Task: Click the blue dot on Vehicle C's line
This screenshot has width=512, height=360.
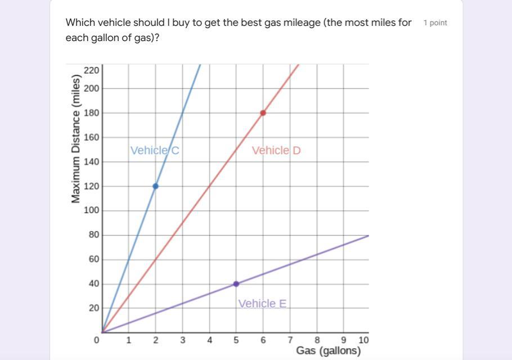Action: pyautogui.click(x=155, y=186)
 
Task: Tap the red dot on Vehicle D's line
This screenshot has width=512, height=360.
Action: pyautogui.click(x=263, y=113)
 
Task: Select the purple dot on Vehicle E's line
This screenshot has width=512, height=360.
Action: pyautogui.click(x=236, y=284)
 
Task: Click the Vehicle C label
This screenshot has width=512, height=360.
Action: pyautogui.click(x=155, y=150)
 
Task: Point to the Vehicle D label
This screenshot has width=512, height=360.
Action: pyautogui.click(x=276, y=150)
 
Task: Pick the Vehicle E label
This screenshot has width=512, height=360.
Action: pyautogui.click(x=262, y=304)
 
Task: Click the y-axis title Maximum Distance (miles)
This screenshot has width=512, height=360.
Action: pyautogui.click(x=76, y=138)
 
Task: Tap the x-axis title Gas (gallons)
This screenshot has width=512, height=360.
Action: pyautogui.click(x=328, y=351)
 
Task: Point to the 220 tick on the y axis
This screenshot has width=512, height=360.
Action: pyautogui.click(x=92, y=70)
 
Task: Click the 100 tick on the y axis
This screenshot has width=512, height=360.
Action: pyautogui.click(x=92, y=210)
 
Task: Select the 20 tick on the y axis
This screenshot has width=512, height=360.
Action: pyautogui.click(x=93, y=308)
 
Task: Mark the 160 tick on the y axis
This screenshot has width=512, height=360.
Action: pyautogui.click(x=92, y=137)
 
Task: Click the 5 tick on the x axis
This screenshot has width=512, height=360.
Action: pyautogui.click(x=236, y=340)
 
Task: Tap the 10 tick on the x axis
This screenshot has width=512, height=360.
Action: pyautogui.click(x=363, y=340)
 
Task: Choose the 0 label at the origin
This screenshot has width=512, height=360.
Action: pyautogui.click(x=97, y=340)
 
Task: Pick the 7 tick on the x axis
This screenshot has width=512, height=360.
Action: pyautogui.click(x=290, y=340)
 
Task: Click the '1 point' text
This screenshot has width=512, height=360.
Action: pyautogui.click(x=435, y=23)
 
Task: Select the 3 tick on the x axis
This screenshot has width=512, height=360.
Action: pyautogui.click(x=182, y=340)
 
